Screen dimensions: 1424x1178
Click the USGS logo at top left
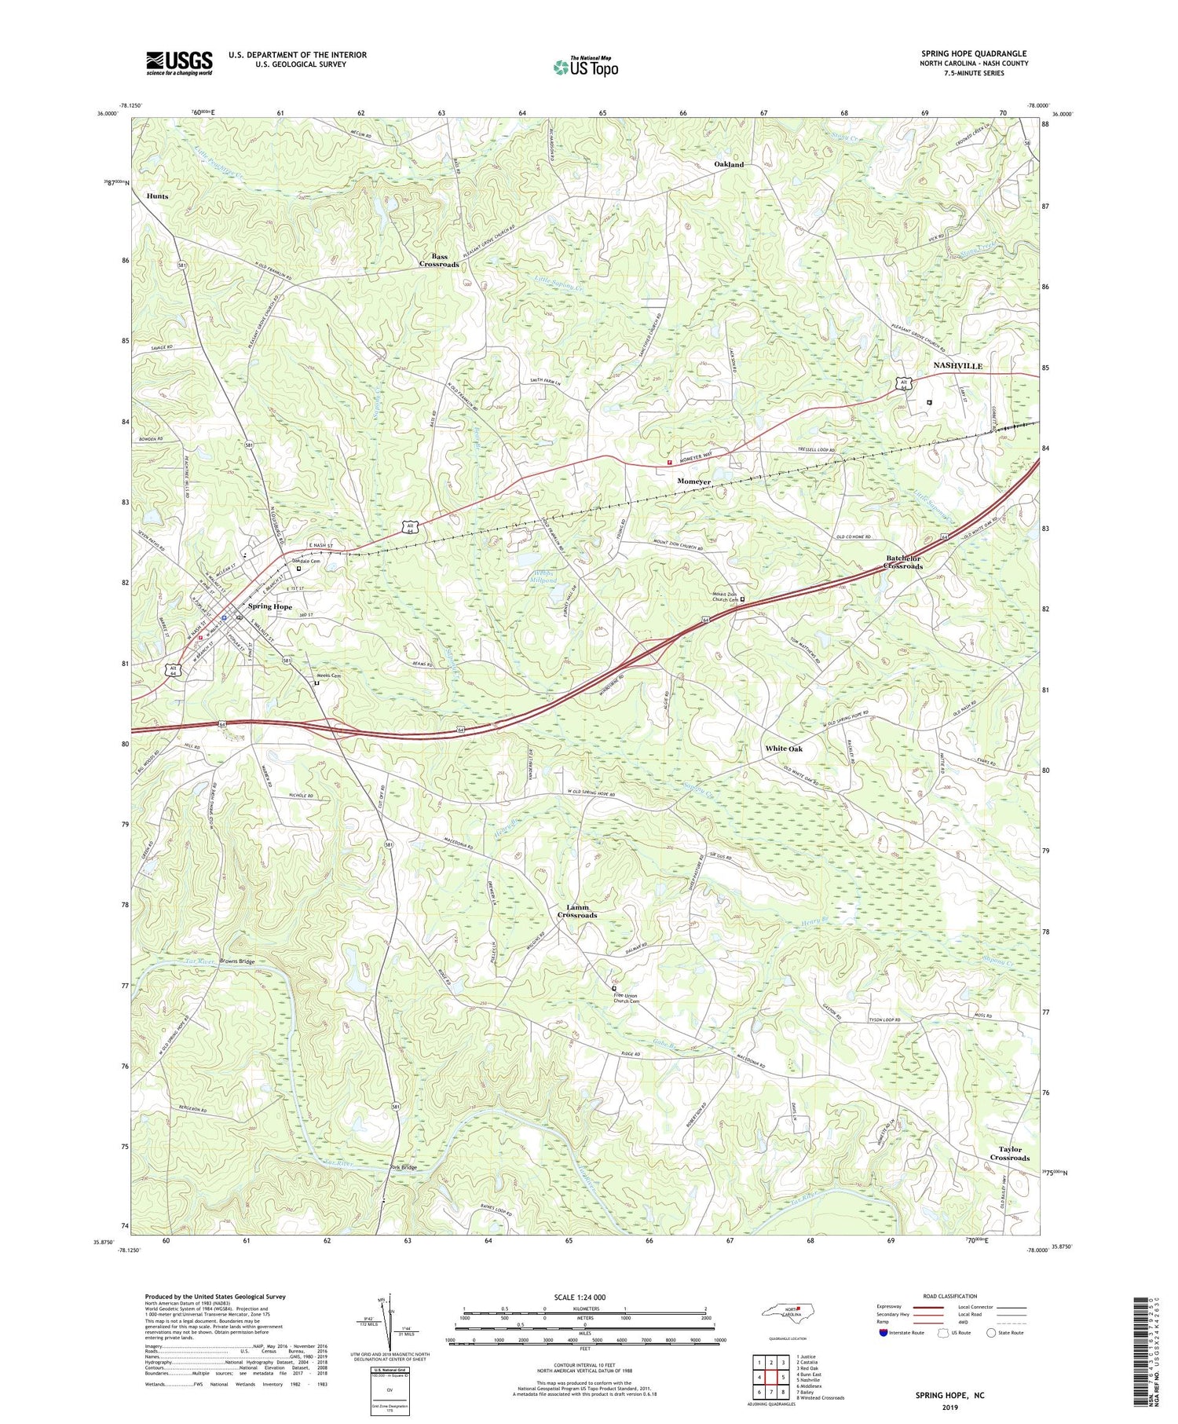(179, 63)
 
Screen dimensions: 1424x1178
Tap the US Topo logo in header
(585, 68)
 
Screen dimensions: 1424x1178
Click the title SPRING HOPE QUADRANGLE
(974, 53)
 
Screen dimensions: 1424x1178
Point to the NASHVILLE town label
(957, 366)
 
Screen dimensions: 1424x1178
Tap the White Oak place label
(784, 749)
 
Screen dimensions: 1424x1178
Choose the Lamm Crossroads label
(577, 911)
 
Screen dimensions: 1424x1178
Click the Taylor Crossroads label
(1009, 1153)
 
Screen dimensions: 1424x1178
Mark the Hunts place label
(157, 196)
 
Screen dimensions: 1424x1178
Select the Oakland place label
(728, 164)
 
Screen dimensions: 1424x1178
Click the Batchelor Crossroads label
(903, 562)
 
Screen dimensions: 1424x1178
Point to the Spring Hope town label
(270, 606)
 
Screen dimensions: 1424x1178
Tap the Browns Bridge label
(237, 961)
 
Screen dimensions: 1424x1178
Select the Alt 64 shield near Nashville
(904, 384)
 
